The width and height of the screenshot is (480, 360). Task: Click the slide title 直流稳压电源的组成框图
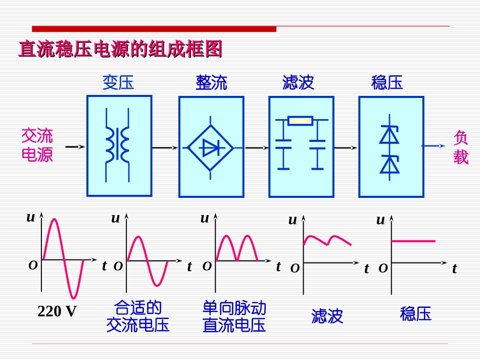point(120,50)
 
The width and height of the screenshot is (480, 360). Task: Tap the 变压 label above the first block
point(119,82)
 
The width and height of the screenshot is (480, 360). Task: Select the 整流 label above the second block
point(211,82)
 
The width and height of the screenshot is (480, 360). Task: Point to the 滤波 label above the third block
point(298,82)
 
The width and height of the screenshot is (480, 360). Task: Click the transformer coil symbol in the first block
point(117,143)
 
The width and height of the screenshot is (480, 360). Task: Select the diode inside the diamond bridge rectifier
point(210,147)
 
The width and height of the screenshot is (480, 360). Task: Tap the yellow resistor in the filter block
point(300,121)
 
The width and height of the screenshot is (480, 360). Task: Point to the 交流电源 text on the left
point(37,145)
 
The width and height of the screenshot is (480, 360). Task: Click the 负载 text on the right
point(461,147)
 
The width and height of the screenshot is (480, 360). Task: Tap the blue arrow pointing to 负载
point(434,146)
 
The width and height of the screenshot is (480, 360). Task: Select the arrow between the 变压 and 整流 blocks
point(165,147)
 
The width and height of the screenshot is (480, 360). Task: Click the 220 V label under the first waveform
point(57,312)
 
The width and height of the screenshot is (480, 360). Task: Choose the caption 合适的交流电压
point(137,317)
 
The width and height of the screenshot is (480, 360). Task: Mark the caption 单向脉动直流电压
point(233,317)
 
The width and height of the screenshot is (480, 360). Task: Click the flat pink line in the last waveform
point(413,241)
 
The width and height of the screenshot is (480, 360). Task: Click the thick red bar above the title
point(154,29)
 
